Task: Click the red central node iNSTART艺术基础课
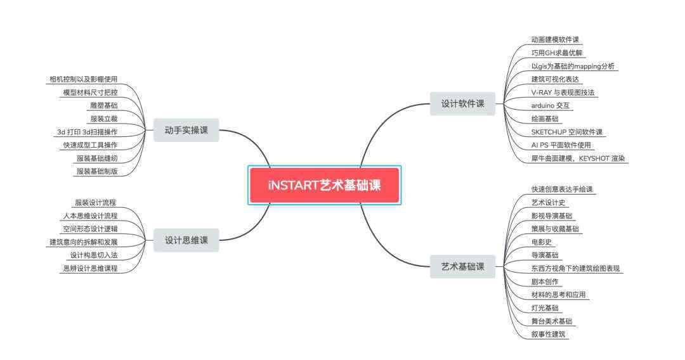tap(324, 185)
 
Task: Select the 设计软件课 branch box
tap(462, 104)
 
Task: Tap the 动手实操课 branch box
tap(186, 130)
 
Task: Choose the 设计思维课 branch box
tap(186, 240)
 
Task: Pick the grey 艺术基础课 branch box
tap(462, 267)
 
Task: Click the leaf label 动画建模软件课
tap(555, 40)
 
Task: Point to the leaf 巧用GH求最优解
tap(557, 53)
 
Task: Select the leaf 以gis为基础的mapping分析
tap(573, 67)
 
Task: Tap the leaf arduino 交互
tap(550, 106)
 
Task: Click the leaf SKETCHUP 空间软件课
tap(566, 132)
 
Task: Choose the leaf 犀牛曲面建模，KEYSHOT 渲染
tap(578, 158)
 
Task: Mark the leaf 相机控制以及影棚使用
tap(84, 79)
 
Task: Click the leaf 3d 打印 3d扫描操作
tap(88, 132)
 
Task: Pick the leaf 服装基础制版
tap(98, 172)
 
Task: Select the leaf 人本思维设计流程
tap(91, 215)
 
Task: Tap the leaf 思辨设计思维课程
tap(91, 268)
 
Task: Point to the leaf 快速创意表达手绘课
tap(562, 190)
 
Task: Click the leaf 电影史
tap(541, 242)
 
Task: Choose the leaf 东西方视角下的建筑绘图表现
tap(575, 268)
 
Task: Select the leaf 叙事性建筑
tap(548, 334)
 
